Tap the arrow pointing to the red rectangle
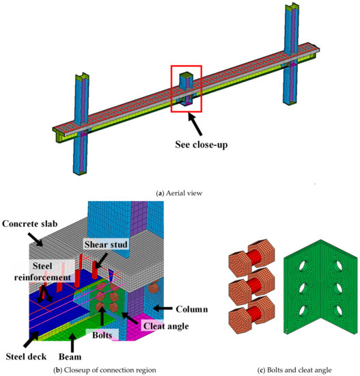pyautogui.click(x=198, y=122)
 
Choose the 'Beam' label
pyautogui.click(x=69, y=357)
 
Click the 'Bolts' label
pyautogui.click(x=104, y=336)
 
